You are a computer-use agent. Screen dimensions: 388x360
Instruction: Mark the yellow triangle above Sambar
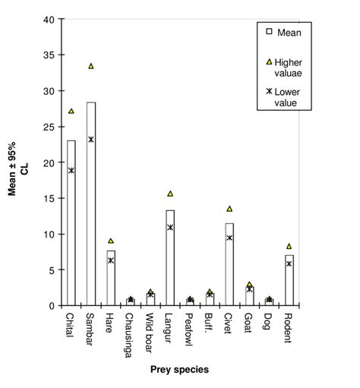91,66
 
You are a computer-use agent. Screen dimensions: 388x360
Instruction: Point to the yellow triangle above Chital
71,111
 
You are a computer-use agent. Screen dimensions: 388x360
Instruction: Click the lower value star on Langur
170,227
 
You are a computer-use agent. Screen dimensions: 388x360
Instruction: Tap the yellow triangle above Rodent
289,246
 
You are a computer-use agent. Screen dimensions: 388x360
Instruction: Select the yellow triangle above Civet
229,209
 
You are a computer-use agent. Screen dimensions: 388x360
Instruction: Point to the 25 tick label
48,127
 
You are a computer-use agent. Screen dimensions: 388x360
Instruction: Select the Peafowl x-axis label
190,331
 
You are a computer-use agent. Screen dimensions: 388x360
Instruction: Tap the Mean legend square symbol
268,32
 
